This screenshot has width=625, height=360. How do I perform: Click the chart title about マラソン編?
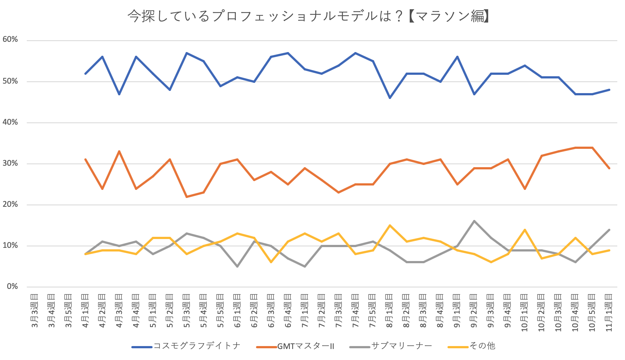click(x=308, y=16)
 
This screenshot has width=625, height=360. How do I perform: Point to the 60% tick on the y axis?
click(x=10, y=40)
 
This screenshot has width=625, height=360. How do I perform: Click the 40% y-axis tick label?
click(x=10, y=122)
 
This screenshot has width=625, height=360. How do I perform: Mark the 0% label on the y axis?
click(x=12, y=287)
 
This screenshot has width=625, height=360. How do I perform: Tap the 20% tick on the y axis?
click(x=10, y=205)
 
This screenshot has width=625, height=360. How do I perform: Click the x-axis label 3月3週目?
click(x=34, y=311)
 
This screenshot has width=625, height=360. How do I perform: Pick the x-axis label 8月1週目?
click(x=390, y=311)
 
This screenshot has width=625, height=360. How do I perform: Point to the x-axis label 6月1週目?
click(x=237, y=311)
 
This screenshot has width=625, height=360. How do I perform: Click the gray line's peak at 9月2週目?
click(x=474, y=221)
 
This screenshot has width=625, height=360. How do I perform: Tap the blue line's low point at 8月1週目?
click(x=390, y=98)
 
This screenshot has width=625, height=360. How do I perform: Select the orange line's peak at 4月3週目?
click(x=119, y=151)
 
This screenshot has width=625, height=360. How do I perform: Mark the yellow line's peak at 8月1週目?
click(x=390, y=225)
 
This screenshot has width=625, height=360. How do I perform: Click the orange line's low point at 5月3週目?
click(x=187, y=197)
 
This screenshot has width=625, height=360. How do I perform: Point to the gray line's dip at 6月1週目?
click(x=237, y=266)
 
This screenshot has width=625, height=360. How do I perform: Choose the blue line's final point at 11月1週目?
click(x=609, y=89)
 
